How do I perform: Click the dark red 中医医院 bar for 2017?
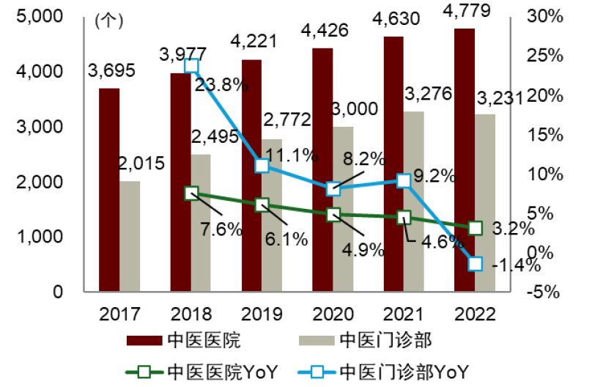coord(110,189)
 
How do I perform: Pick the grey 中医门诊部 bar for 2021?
coord(415,201)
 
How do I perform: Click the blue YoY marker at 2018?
coord(191,66)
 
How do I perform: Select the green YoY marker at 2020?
coord(333,215)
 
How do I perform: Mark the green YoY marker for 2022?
coord(475,229)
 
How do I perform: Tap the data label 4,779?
coord(465,12)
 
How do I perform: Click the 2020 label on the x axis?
coord(333,314)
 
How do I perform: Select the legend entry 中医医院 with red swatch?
coord(183,340)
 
